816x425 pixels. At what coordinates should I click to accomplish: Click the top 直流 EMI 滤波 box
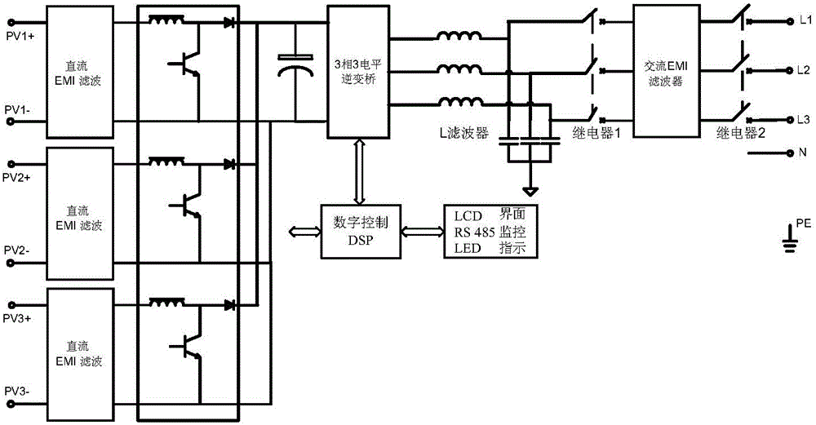click(79, 73)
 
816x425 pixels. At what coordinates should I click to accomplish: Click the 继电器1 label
click(598, 133)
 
